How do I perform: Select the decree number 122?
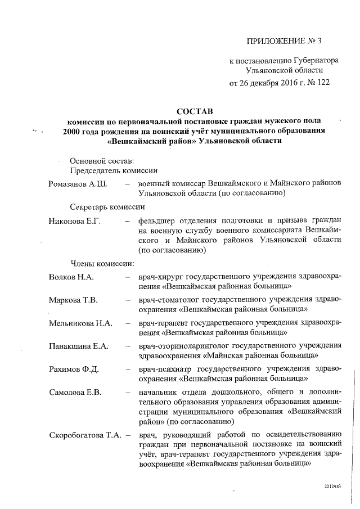pos(322,82)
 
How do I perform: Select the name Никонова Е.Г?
pos(74,221)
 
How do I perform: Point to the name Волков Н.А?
pos(71,277)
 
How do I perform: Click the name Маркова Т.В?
pos(73,300)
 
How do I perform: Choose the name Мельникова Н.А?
pos(81,323)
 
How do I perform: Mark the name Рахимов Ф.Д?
pos(74,369)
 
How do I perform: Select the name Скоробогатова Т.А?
pos(86,435)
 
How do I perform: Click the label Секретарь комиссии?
pos(104,207)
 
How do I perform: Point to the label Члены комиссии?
pos(102,263)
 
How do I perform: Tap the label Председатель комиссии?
pos(113,170)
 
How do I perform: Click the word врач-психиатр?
pos(167,369)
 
